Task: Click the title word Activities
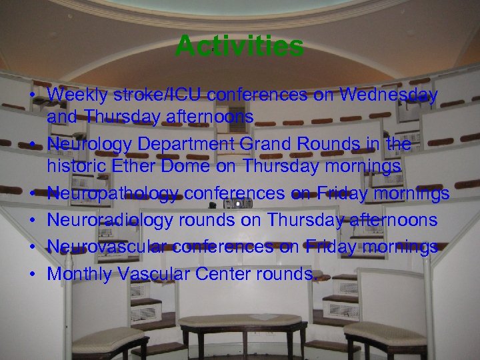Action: tap(239, 47)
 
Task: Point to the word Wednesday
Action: tap(388, 95)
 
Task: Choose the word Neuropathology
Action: tap(114, 193)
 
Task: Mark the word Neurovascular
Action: tap(107, 247)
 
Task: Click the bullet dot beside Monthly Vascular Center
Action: tap(32, 274)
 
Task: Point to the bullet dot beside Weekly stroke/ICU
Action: tap(32, 95)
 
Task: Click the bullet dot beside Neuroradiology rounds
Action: tap(32, 220)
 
